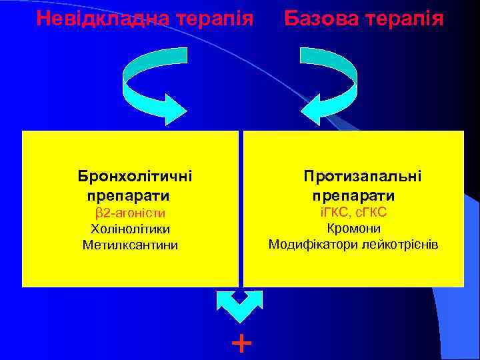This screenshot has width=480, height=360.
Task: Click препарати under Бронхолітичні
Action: click(127, 196)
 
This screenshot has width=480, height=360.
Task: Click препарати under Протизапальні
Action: click(353, 196)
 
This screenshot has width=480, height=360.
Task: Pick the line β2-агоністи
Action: click(130, 213)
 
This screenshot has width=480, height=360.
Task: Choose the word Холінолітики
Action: click(130, 229)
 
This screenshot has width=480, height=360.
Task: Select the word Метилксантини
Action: click(130, 245)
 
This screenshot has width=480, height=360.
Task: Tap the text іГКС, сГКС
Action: click(353, 213)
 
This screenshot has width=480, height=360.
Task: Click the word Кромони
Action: click(353, 229)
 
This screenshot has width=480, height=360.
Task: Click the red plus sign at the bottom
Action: click(240, 343)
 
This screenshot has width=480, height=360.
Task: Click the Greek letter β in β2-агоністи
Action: click(97, 214)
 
